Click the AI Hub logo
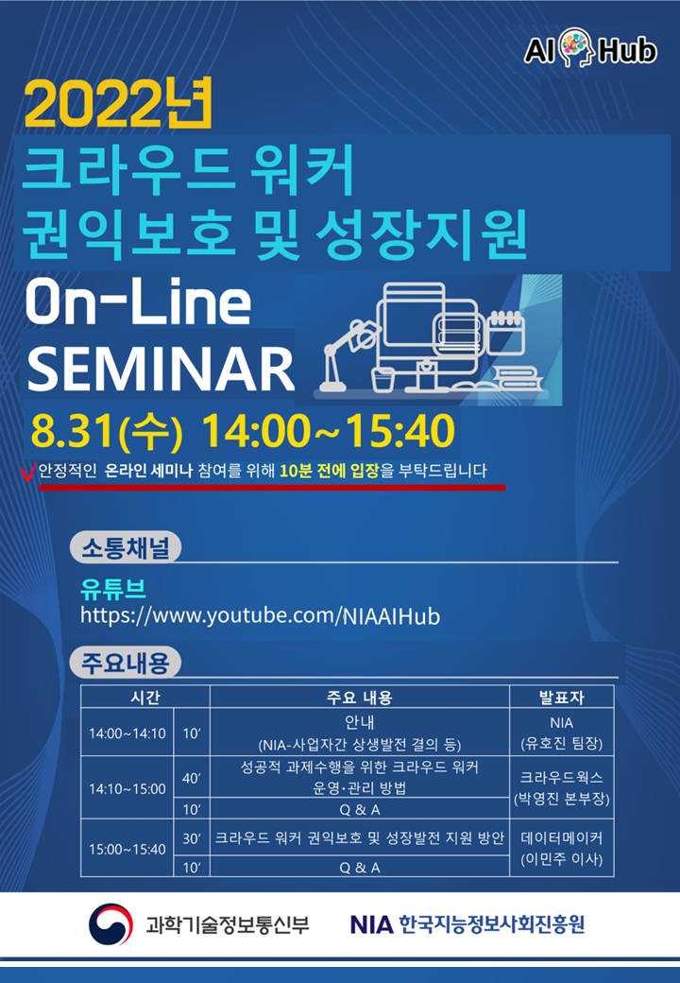coord(590,49)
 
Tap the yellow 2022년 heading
coord(118,103)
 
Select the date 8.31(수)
coord(107,432)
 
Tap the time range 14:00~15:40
coord(328,431)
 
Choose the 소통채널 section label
coord(126,547)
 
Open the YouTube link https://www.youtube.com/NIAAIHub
coord(260,615)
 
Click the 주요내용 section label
coord(126,663)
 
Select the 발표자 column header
coord(562,698)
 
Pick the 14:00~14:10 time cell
coord(127,733)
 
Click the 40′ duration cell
coord(192,777)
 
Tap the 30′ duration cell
coord(192,838)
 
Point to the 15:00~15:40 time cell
coord(127,849)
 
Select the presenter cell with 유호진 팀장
coord(562,733)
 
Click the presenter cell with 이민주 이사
coord(562,848)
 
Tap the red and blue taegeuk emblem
coord(110,923)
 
